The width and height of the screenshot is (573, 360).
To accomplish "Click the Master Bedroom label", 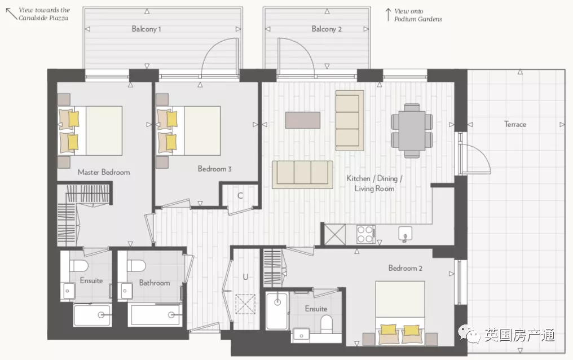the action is [104, 172].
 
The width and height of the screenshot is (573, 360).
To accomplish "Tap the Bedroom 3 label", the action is [214, 169].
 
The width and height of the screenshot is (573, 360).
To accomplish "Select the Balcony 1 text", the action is [146, 29].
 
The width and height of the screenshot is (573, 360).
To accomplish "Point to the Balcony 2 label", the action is [327, 29].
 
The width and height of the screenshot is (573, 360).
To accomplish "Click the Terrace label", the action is [515, 124].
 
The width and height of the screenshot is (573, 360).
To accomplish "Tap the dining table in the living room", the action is [412, 130].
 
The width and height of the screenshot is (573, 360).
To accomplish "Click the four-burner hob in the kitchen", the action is [365, 234].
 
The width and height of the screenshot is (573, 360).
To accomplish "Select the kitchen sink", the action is [405, 234].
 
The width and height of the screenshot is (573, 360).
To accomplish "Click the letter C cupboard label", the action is [240, 196].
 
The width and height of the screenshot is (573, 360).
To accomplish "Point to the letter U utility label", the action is [245, 277].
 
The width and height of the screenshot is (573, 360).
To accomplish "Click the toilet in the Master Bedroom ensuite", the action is [78, 266].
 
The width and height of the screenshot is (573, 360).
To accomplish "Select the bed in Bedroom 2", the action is [400, 313].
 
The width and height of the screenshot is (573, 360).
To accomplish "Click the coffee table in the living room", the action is [303, 120].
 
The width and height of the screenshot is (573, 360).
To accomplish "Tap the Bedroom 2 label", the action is [405, 268].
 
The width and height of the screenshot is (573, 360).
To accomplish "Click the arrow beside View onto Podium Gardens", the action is [388, 15].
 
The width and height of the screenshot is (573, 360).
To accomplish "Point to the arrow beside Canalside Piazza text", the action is [11, 14].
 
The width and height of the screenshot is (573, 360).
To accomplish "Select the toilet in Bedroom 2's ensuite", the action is [327, 324].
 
